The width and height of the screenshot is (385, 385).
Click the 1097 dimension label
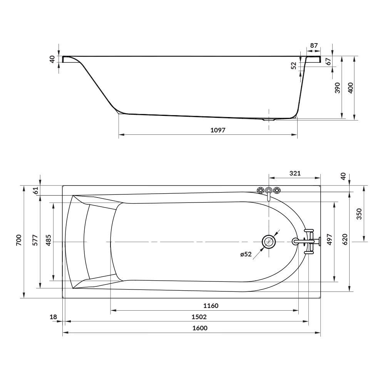[218, 130]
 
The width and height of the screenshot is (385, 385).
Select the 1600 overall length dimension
[200, 328]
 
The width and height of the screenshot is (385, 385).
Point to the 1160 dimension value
[211, 306]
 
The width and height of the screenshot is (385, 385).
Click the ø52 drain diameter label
[246, 254]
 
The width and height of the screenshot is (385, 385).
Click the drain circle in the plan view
[269, 242]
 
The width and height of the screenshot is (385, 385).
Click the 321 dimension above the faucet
[295, 174]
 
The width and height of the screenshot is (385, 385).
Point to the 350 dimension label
[359, 214]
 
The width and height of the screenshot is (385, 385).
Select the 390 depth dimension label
[337, 88]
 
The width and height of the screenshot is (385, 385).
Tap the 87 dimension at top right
[314, 45]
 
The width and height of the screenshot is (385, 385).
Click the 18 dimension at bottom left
[54, 317]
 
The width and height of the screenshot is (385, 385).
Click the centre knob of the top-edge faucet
[269, 190]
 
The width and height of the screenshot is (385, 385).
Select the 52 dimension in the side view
[294, 65]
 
